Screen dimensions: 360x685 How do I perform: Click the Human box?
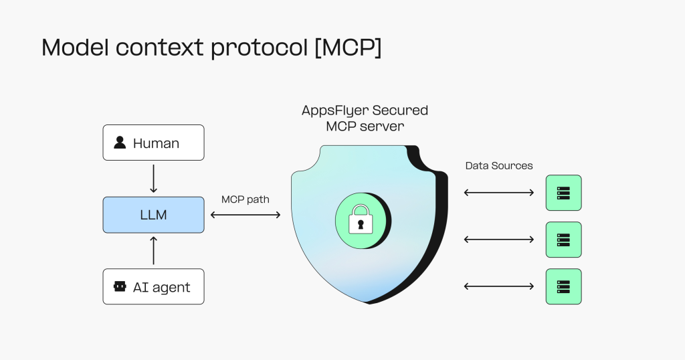point(153,143)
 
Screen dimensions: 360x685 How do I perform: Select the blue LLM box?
point(153,215)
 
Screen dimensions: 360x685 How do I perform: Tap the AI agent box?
point(153,286)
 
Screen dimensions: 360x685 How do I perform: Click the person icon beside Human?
point(120,143)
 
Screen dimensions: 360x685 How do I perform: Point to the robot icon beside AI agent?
point(120,286)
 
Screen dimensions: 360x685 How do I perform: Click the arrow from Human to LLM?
point(153,179)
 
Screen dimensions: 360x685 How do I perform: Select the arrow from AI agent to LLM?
point(153,250)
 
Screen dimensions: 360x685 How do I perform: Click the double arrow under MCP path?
point(246,215)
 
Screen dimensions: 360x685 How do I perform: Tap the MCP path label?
point(245,199)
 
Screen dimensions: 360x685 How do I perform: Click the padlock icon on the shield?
point(361,217)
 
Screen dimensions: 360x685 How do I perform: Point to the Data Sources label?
point(499,165)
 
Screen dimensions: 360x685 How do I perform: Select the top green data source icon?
point(563,193)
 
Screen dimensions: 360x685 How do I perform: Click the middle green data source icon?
point(563,240)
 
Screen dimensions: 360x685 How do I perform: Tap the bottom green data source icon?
point(563,286)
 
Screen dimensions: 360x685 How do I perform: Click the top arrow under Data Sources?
point(499,193)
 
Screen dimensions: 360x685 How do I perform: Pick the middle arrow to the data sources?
point(499,240)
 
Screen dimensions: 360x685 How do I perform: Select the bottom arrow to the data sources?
point(499,286)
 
